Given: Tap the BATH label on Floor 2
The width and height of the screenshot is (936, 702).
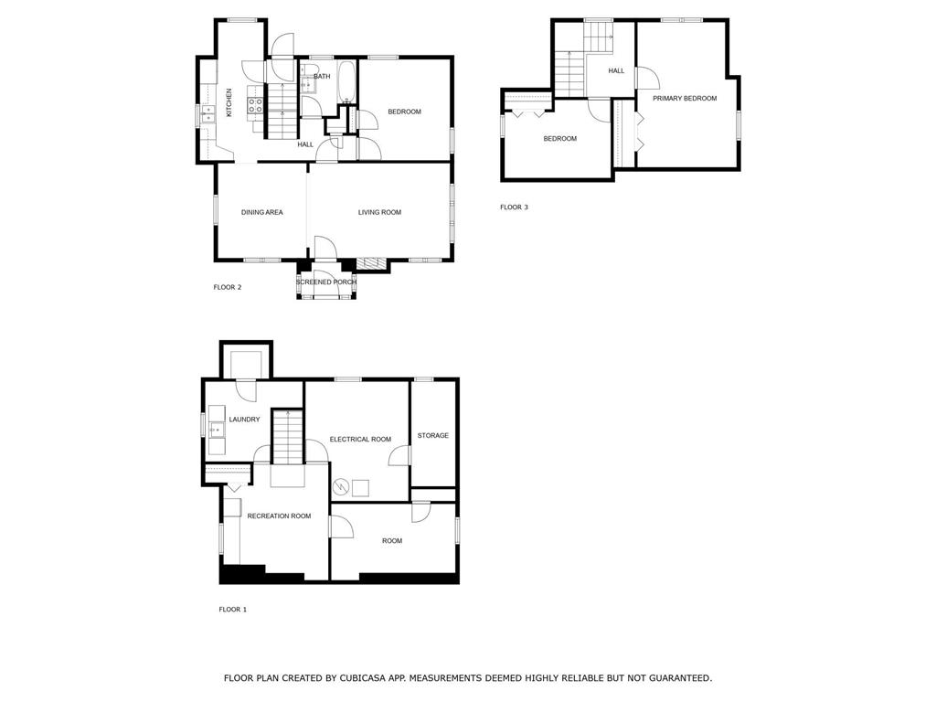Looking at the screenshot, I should tap(322, 76).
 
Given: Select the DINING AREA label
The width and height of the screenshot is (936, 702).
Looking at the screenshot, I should tap(261, 212).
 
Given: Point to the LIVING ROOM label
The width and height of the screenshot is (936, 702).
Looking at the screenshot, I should tap(379, 212).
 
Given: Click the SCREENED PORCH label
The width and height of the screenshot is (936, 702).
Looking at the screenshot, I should tap(326, 282).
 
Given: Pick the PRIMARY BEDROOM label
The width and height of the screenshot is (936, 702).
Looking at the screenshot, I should tap(685, 98).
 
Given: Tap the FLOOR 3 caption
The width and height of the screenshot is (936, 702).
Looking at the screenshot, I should tap(514, 207).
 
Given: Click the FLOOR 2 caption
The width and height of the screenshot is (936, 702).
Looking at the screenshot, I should tap(227, 287).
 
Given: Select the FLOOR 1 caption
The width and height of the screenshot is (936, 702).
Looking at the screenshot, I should tap(232, 609).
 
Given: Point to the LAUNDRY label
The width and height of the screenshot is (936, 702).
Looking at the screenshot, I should tap(244, 420).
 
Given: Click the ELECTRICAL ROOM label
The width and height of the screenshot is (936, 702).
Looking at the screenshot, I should tap(360, 440).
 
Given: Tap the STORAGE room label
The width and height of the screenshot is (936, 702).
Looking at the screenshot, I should tap(432, 435).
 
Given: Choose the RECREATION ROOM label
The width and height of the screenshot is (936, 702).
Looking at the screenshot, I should tap(279, 516).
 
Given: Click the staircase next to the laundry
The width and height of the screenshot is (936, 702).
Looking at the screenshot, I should tap(288, 436).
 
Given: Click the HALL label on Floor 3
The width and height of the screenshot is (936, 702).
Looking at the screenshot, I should tap(616, 70).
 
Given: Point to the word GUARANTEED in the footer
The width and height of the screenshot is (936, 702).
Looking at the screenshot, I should tap(677, 678).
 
